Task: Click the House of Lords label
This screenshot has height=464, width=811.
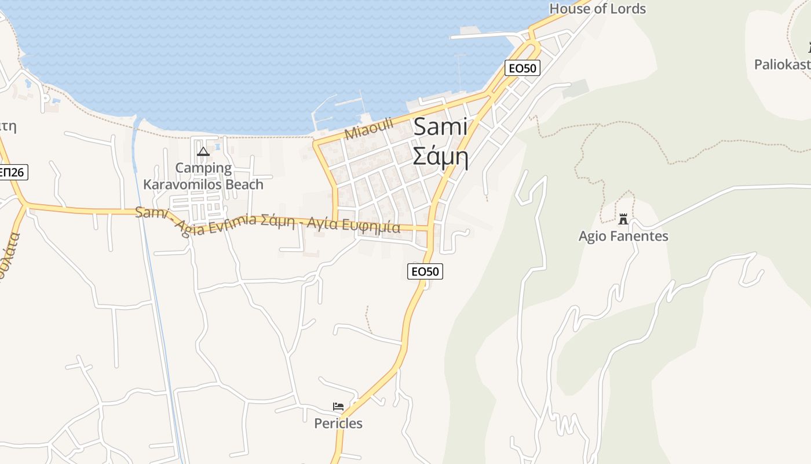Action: click(x=597, y=9)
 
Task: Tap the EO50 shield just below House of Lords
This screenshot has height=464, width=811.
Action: click(x=522, y=68)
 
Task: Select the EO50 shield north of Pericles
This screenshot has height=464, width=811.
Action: click(x=425, y=271)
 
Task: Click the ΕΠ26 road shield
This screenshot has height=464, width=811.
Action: click(x=12, y=172)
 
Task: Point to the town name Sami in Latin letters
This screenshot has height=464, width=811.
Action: click(x=440, y=127)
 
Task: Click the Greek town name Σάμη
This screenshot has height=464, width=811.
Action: click(x=440, y=155)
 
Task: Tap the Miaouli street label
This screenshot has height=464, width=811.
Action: click(x=368, y=128)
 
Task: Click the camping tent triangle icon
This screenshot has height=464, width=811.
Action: click(x=203, y=152)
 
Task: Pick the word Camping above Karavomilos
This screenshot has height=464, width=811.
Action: click(x=203, y=168)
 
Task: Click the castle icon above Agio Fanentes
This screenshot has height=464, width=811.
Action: click(x=623, y=219)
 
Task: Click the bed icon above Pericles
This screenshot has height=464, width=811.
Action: click(x=338, y=407)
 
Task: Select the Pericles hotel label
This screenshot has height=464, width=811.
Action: click(x=338, y=423)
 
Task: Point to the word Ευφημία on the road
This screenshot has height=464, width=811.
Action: click(x=375, y=226)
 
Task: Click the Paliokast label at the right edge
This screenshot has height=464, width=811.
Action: click(x=782, y=64)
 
